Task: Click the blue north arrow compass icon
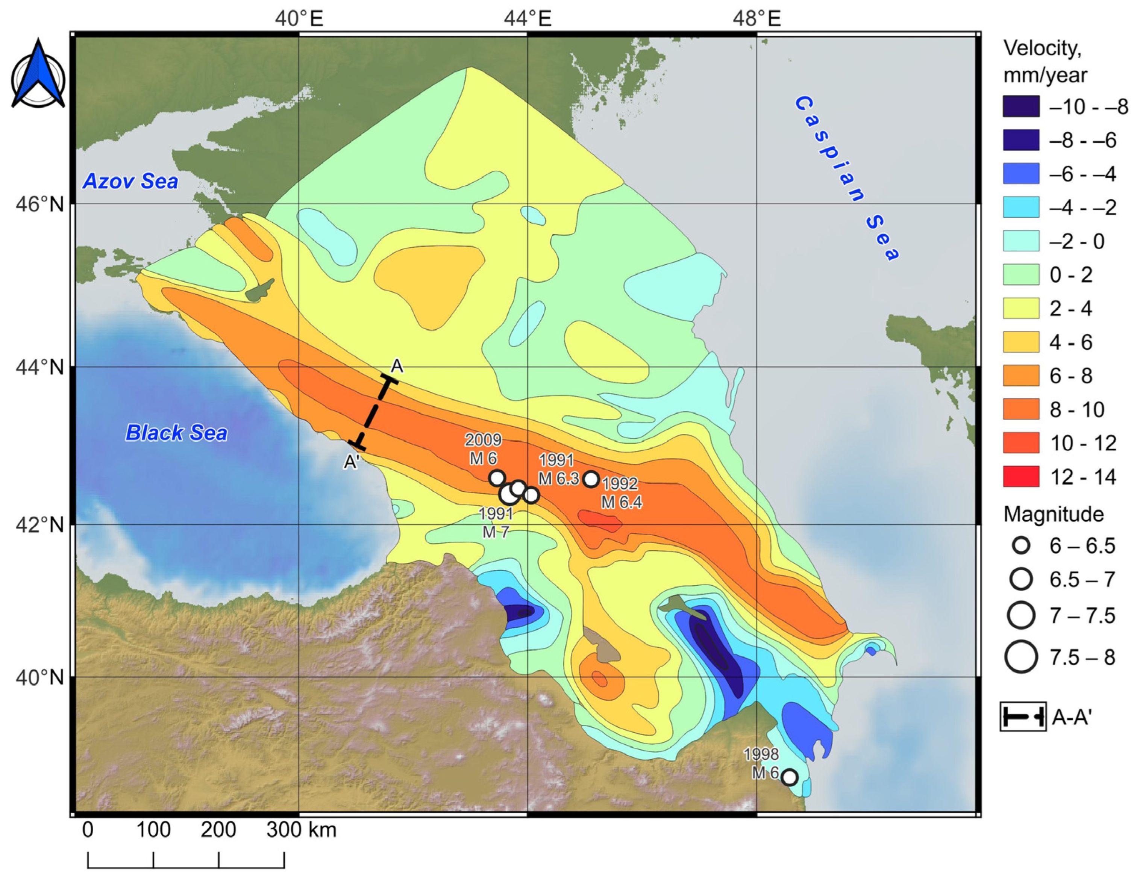(x=38, y=74)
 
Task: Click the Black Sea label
(x=176, y=433)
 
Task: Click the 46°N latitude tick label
(x=39, y=204)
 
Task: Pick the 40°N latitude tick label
(x=39, y=677)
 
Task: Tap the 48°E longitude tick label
(x=756, y=19)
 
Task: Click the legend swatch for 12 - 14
(x=1021, y=476)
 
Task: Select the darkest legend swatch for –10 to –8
(x=1021, y=106)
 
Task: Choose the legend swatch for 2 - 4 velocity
(x=1021, y=308)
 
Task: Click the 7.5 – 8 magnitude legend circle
(x=1022, y=657)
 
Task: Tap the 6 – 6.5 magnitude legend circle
(x=1022, y=545)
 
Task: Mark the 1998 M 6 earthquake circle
(x=789, y=777)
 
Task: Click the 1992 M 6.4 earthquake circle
(x=591, y=479)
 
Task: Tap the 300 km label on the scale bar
(x=284, y=830)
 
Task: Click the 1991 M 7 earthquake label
(x=496, y=523)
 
